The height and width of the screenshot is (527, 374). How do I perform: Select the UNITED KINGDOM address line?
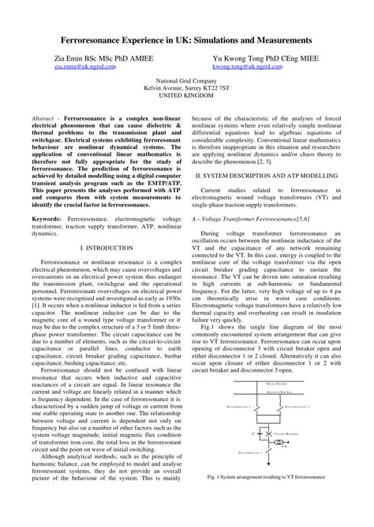click(186, 98)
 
